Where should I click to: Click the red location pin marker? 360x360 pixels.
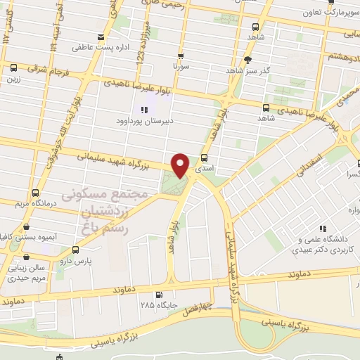(x=181, y=165)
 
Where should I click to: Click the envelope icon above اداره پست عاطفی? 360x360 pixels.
(x=102, y=37)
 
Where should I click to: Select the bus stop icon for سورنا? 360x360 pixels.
(x=181, y=57)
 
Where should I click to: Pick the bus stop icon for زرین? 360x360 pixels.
(x=13, y=67)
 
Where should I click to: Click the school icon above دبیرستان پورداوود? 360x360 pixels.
(x=144, y=110)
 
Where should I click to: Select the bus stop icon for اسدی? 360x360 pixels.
(x=204, y=158)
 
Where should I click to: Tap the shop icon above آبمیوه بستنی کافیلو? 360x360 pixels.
(x=26, y=226)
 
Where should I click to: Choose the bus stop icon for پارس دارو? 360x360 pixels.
(x=75, y=250)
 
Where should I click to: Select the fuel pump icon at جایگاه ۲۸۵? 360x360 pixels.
(x=159, y=295)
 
